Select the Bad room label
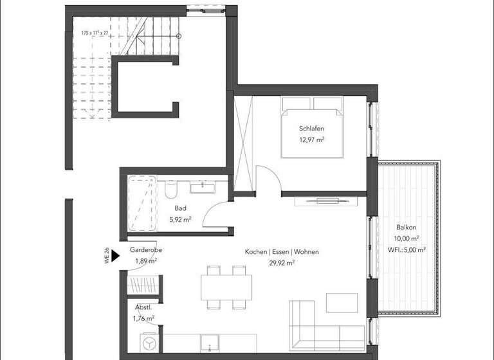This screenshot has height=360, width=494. (x=180, y=208)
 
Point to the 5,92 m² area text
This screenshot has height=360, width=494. (x=180, y=220)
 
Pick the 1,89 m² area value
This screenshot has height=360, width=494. (x=145, y=261)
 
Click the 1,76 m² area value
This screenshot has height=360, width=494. (x=144, y=318)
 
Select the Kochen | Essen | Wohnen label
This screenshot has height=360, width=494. (x=281, y=252)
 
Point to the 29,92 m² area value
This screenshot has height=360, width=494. (x=282, y=263)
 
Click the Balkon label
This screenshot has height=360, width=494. (x=407, y=228)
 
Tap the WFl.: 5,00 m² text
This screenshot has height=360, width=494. (x=407, y=250)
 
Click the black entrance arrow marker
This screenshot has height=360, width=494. (x=115, y=256)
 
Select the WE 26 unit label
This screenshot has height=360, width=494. (x=107, y=256)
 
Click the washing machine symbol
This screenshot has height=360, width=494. (x=149, y=343)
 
